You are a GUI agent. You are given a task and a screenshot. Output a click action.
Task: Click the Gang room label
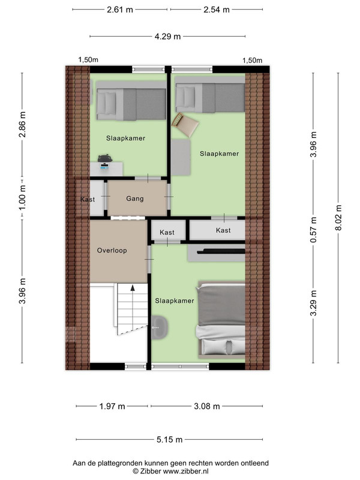pos(134,199)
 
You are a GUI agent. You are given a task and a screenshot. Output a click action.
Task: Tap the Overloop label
pos(112,250)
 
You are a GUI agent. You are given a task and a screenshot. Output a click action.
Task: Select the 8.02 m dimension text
pos(338,218)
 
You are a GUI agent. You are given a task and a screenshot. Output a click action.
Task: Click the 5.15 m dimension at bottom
pos(169,440)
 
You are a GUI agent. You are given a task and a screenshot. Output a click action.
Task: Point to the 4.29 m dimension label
pos(167,37)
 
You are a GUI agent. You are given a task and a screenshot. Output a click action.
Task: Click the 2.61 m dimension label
pos(119,10)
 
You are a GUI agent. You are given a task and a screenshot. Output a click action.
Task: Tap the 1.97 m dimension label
pos(112,406)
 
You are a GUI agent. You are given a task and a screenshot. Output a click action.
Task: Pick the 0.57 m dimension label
pos(313,230)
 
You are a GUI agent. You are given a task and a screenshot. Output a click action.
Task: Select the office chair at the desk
pos(104,158)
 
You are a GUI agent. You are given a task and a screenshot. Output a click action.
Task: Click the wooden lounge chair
pos(185,124)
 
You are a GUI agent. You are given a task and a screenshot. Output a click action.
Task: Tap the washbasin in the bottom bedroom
pos(160,327)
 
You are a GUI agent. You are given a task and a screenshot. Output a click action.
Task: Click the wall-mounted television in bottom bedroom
pos(221,251)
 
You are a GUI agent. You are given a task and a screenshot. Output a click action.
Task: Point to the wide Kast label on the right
pos(223,230)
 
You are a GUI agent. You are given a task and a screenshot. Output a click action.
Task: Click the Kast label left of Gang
pos(88,199)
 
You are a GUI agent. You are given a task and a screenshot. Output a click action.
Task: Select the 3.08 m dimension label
pos(206,406)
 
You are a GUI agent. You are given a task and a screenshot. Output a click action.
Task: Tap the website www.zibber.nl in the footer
pos(185,472)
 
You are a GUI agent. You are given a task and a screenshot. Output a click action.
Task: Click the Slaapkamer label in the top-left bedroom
pos(125,139)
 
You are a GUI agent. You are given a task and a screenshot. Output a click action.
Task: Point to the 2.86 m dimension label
pos(22,124)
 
